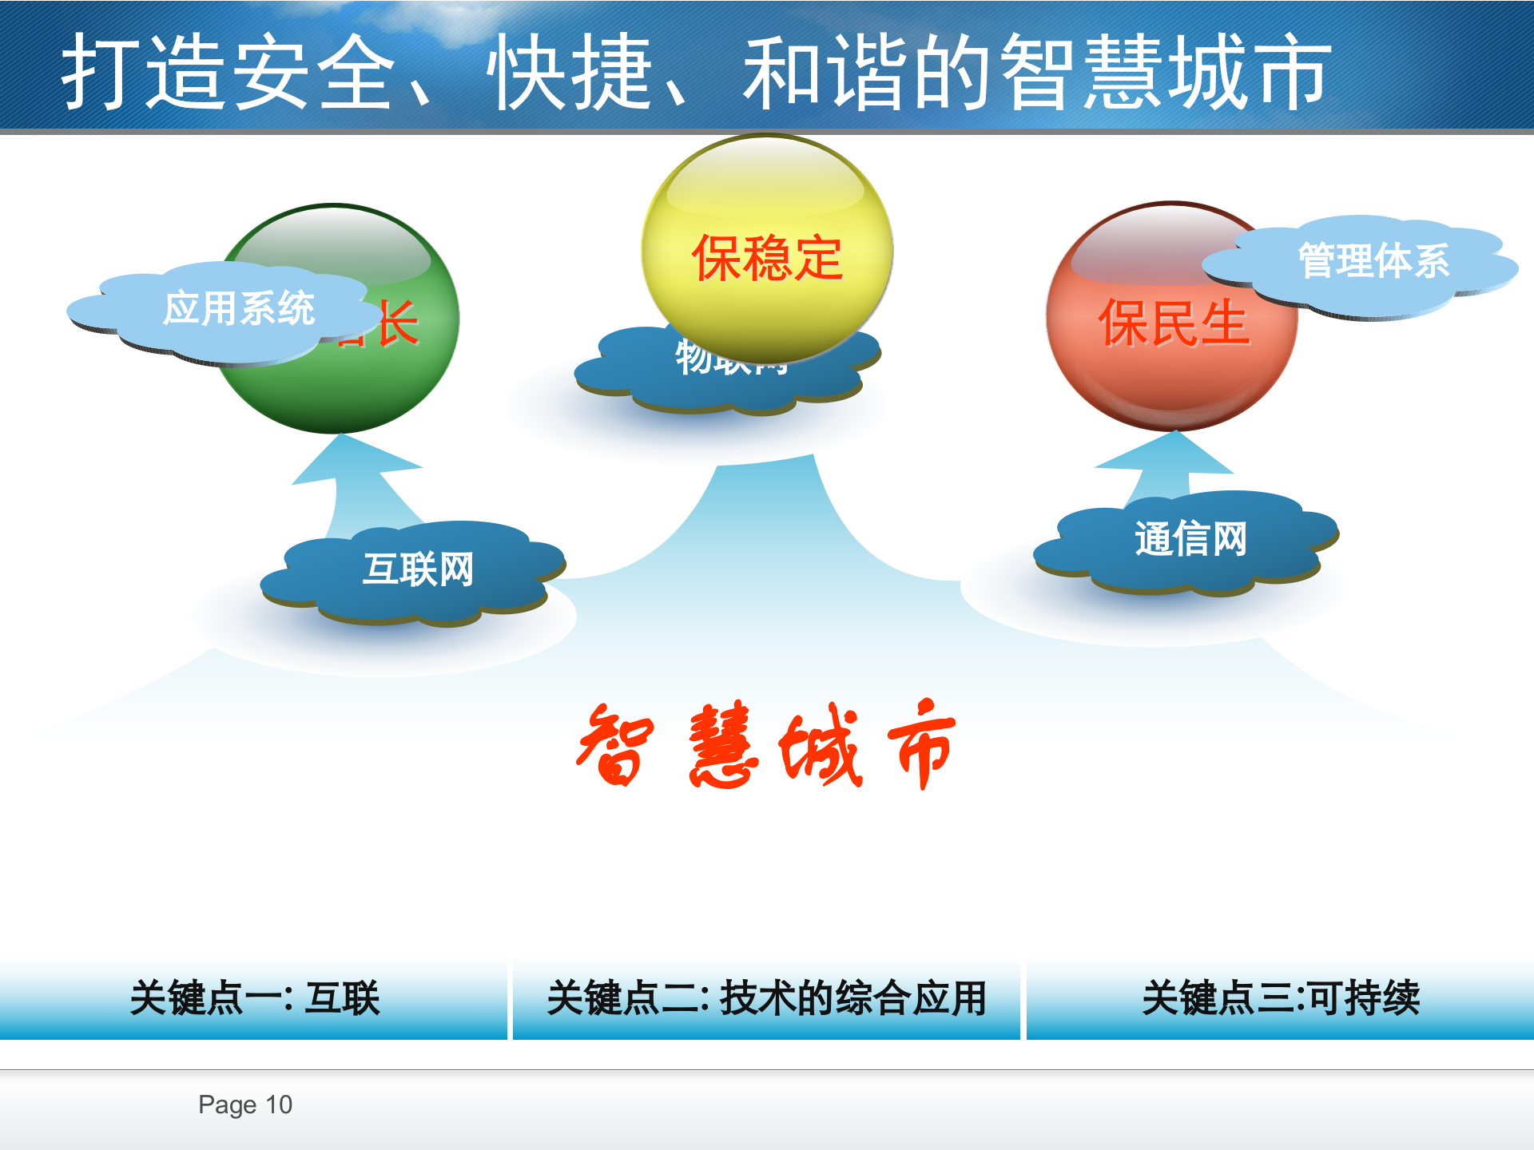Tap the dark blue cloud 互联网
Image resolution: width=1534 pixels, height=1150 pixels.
(x=415, y=571)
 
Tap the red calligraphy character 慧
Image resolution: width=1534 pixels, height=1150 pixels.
(x=723, y=747)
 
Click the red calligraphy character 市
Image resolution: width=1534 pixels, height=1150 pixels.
(x=923, y=747)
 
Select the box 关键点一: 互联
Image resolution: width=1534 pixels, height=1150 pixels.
(x=253, y=998)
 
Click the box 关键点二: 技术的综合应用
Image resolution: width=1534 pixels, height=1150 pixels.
(x=766, y=998)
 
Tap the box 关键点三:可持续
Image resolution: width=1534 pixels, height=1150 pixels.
(x=1280, y=998)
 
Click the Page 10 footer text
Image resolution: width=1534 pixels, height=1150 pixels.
(x=245, y=1104)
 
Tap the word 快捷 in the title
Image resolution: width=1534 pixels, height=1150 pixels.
(x=571, y=73)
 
